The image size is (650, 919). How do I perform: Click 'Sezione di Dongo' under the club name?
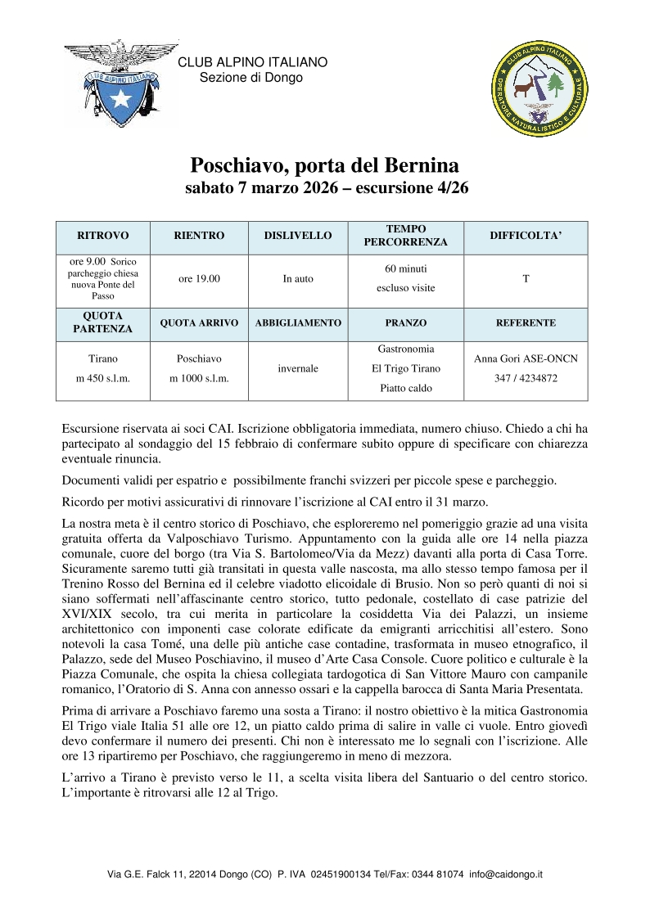pos(251,78)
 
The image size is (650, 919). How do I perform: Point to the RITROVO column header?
pos(103,236)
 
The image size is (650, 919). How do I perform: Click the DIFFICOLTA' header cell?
pos(526,236)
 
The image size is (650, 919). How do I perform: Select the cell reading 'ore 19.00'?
pos(199,279)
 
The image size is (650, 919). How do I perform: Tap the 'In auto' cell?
pos(298,279)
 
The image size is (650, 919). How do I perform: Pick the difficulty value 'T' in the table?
pos(526,279)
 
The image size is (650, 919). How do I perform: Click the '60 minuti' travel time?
pos(405,268)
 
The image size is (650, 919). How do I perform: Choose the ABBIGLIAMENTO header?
pos(298,323)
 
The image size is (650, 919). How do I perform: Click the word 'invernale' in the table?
pos(298,369)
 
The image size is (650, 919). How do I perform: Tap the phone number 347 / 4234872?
pos(526,379)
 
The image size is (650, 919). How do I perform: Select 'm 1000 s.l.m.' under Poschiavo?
pos(199,379)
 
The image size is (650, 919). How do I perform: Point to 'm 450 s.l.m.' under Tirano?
pos(103,379)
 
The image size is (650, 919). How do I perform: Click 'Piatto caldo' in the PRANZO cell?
pos(405,388)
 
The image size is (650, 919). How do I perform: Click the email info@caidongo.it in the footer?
pos(506,874)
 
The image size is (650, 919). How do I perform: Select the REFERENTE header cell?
pos(526,323)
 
